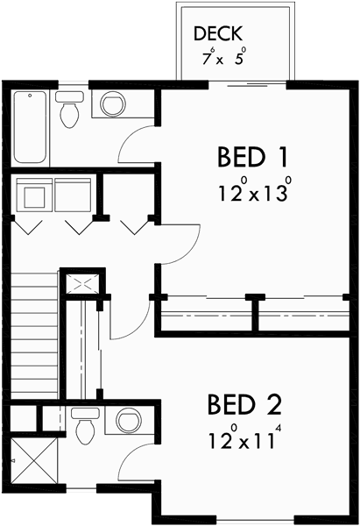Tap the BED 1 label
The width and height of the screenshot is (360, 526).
tap(253, 158)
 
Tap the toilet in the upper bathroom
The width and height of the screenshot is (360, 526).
tap(69, 110)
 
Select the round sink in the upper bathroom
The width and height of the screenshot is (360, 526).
tap(112, 104)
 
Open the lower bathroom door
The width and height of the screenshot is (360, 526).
tap(136, 460)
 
